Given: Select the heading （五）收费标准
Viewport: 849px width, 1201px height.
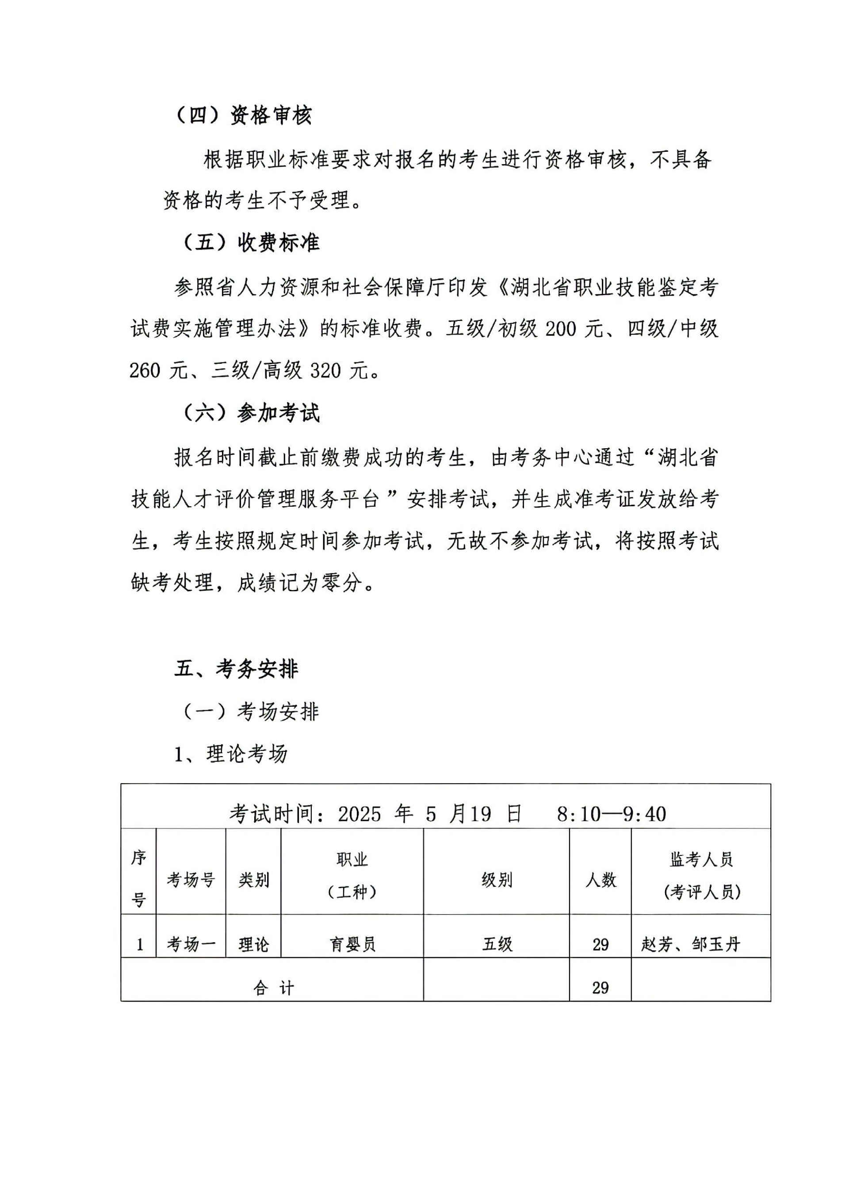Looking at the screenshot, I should pos(251,242).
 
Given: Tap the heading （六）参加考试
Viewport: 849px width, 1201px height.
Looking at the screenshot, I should pos(251,413).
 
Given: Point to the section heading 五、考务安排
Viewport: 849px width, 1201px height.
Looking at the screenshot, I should pos(236,669).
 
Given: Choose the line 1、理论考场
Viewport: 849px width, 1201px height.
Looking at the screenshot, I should pos(231,754).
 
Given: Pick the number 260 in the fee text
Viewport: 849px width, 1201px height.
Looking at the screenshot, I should pos(145,371).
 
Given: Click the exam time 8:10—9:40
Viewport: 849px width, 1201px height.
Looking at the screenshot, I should pos(611,814).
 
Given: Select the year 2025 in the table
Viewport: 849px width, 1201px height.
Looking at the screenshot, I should pos(359,814).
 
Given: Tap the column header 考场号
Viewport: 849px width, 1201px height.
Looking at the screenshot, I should pos(191,880).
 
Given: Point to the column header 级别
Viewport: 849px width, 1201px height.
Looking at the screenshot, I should pos(496,880).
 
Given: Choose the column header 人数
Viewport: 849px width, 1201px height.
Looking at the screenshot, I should pos(600,880).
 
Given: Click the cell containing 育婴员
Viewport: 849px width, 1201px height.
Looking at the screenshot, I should pos(352,944).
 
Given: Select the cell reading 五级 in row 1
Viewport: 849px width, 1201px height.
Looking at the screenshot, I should pos(497,944).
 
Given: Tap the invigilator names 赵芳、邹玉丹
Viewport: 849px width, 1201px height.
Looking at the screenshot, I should pos(691,944).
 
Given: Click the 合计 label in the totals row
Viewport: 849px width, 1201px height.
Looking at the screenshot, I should pos(273,988).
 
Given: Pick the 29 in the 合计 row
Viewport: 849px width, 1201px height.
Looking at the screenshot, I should pos(600,988).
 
